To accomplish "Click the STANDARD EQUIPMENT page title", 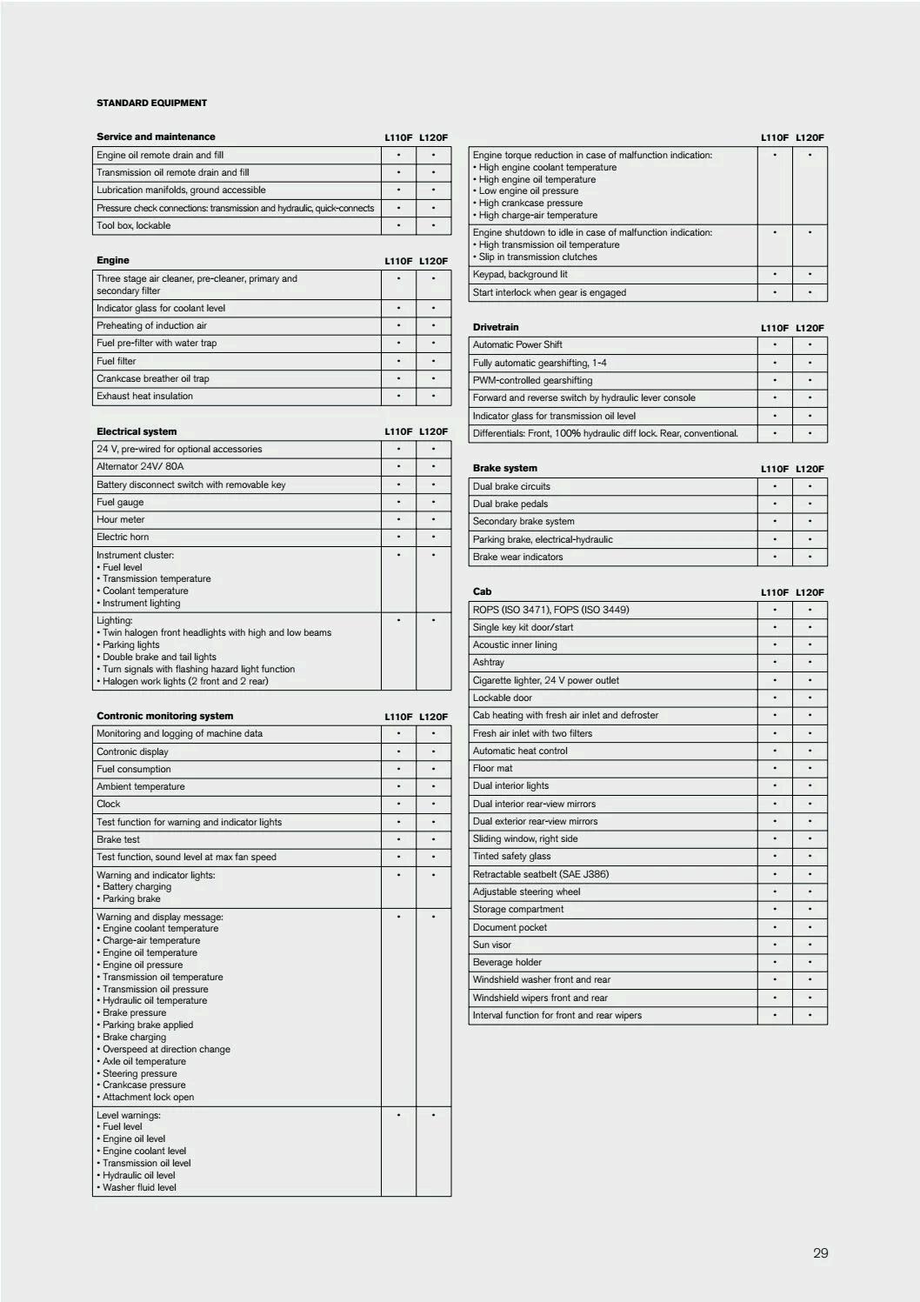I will coord(151,103).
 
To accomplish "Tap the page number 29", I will coord(820,1252).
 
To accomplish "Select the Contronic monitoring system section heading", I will coord(164,716).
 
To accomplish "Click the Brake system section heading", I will coord(504,468).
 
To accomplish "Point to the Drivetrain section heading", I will coord(495,327).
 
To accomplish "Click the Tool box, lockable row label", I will coord(133,225).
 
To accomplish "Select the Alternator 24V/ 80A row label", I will coord(140,466).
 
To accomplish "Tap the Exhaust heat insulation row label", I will coord(144,396).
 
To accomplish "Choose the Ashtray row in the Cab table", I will coord(488,662).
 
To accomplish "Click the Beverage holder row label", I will coord(507,962).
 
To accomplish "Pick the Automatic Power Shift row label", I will coord(517,344).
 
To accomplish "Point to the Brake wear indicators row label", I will coord(517,557).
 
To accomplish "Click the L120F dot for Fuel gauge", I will coord(433,502).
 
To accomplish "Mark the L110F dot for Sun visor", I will coord(775,945).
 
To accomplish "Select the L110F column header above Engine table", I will coord(398,261).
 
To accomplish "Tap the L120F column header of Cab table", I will coord(810,592).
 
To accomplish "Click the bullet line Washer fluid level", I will coord(139,1187).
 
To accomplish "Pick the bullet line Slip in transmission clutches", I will coord(537,257).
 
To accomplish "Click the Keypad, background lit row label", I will coord(519,274).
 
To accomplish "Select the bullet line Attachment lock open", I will coord(148,1097).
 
